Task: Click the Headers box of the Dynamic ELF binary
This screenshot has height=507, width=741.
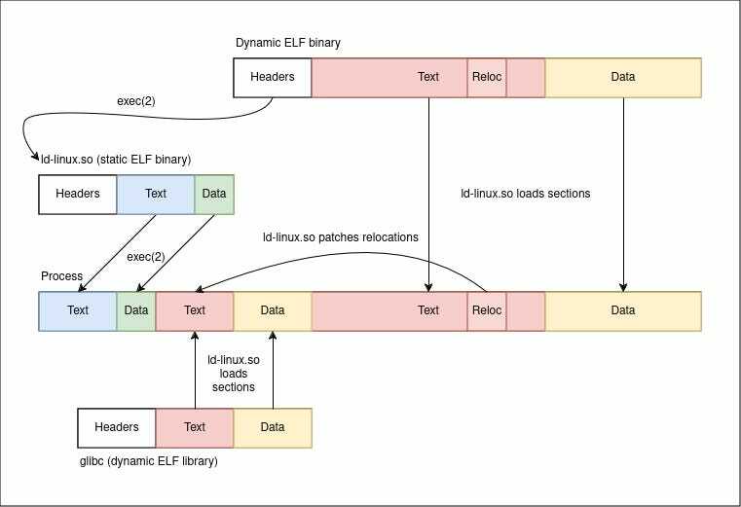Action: click(273, 78)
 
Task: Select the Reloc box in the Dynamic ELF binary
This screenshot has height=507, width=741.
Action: click(487, 78)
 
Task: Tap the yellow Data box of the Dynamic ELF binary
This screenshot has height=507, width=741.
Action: click(623, 78)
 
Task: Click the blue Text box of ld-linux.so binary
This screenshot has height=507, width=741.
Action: click(156, 195)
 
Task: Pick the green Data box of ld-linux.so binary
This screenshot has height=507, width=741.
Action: click(214, 195)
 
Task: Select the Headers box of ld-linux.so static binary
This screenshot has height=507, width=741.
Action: click(78, 195)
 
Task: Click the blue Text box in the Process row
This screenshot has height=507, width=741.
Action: click(78, 310)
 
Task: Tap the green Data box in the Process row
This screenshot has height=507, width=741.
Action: click(136, 310)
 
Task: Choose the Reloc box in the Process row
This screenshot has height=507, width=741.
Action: click(487, 310)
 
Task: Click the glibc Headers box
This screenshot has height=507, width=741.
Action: click(117, 427)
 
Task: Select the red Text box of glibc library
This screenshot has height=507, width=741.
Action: click(195, 427)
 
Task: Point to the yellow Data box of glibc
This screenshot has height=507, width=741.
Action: click(273, 427)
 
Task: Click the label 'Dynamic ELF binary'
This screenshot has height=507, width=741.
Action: click(288, 43)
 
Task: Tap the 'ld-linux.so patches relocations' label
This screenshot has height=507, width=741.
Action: click(340, 236)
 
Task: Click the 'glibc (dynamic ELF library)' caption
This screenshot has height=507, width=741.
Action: click(148, 460)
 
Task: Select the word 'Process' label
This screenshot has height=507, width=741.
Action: click(61, 276)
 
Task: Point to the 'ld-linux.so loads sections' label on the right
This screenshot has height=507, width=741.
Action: click(526, 194)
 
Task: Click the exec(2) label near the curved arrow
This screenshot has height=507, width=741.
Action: click(136, 101)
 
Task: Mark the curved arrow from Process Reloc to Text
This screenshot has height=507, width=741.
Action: click(364, 253)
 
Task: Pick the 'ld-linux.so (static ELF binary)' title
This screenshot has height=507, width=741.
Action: click(116, 160)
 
